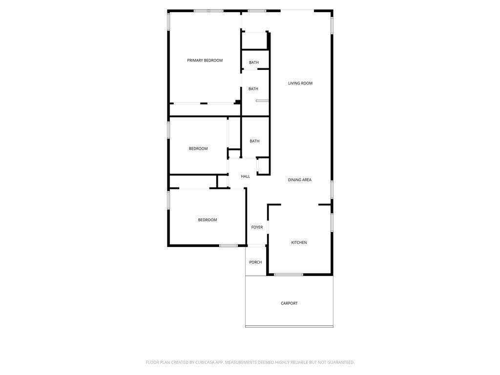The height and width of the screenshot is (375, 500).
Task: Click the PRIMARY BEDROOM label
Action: pos(205,61)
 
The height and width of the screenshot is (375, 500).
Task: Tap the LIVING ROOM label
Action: pos(300,83)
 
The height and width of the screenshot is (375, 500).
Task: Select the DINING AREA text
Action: pos(299,180)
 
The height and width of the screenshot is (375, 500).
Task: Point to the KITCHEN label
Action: pos(299,243)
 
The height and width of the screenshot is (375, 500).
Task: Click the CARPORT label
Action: pos(289,304)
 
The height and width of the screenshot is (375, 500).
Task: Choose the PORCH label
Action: pos(255,263)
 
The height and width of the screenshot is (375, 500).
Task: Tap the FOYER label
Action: pos(257,228)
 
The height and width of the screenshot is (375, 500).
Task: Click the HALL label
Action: pos(245,177)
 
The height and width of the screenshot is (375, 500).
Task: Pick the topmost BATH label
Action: pos(254,62)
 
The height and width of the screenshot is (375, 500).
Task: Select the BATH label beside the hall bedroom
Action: pos(254,142)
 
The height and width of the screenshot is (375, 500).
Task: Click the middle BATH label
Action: pos(253,89)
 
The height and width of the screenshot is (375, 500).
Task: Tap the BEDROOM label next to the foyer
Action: pos(207,220)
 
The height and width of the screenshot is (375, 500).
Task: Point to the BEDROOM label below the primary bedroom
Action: pos(198,149)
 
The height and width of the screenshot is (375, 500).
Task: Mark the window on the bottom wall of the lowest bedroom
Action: pos(228,246)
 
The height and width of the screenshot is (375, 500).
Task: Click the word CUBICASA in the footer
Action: pos(205,362)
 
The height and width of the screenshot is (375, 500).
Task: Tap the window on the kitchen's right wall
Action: pos(332,222)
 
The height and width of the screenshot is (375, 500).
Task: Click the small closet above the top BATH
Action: pos(254,41)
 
